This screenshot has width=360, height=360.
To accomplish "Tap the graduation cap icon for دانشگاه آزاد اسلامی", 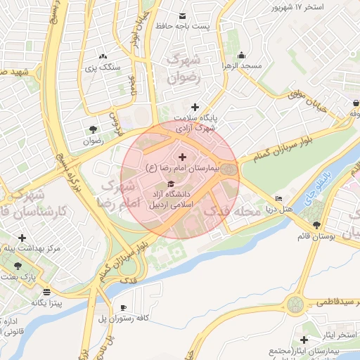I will [170, 184].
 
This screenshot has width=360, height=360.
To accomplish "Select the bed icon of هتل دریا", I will [279, 199].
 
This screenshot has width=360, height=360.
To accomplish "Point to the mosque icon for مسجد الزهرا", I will [242, 55].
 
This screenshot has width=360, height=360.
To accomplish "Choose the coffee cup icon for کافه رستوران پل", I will [124, 307].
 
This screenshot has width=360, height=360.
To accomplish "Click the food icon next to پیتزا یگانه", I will [46, 292].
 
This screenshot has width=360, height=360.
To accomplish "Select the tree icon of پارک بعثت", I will [18, 266].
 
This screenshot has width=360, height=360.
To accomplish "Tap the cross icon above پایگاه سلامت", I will [195, 106].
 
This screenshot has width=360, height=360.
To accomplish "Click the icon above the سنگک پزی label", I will [103, 56].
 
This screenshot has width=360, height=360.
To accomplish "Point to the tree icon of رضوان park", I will [92, 129].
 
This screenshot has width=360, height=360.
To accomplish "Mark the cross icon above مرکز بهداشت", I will [22, 238].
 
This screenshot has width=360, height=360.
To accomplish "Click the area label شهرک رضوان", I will [184, 69].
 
